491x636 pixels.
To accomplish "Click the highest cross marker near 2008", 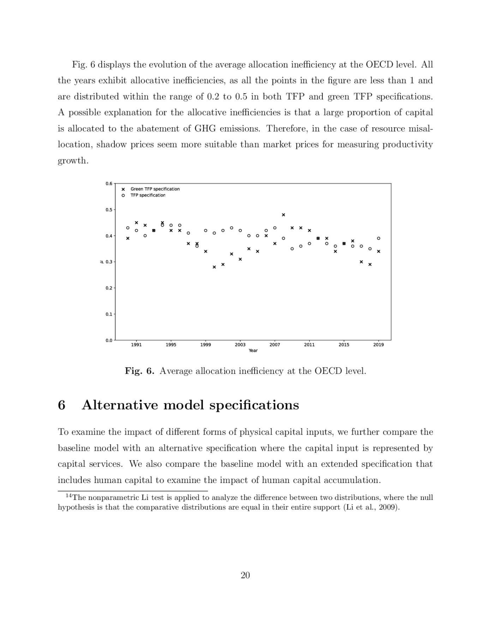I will (x=283, y=215).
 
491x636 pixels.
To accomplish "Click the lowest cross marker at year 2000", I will (x=214, y=267).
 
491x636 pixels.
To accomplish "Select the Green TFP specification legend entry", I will (x=155, y=189).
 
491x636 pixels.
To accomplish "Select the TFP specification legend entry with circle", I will (x=148, y=195).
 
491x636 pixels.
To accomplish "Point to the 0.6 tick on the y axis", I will (x=109, y=183).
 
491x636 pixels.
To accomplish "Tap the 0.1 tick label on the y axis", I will (x=109, y=314).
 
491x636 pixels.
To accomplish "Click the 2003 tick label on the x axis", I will (x=240, y=344).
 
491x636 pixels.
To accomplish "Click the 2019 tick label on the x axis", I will (x=378, y=344).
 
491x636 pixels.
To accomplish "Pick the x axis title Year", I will (x=253, y=351).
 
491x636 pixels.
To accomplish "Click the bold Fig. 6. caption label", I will (x=139, y=371).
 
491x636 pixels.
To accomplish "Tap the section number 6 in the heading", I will (x=61, y=405).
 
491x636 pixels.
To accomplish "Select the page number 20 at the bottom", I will (x=245, y=575).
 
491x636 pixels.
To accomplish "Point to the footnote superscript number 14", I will (x=69, y=496).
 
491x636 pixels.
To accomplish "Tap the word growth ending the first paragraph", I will (x=72, y=161).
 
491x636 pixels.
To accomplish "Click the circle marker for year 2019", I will (x=378, y=238).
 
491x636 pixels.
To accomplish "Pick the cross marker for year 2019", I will (x=378, y=252).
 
